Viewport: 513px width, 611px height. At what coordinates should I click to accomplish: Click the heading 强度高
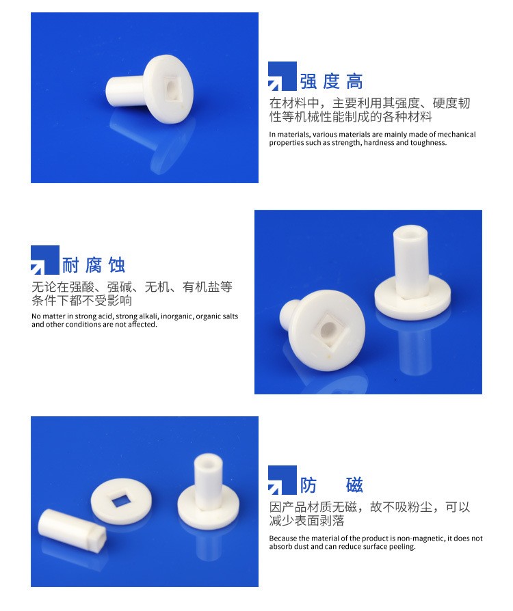(x=331, y=81)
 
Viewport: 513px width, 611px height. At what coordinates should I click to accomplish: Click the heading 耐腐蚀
(x=94, y=265)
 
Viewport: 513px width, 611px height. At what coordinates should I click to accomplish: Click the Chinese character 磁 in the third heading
(x=354, y=485)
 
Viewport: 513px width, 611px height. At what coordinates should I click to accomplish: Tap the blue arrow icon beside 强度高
(x=282, y=76)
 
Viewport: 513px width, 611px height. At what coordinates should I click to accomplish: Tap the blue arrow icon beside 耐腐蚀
(x=45, y=260)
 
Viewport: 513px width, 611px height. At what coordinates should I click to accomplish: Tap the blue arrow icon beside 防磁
(x=282, y=480)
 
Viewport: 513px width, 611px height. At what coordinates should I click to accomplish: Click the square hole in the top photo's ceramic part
(x=172, y=88)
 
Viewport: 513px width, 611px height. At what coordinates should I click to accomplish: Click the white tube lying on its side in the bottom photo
(x=72, y=530)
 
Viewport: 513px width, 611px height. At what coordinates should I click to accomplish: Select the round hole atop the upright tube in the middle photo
(x=410, y=234)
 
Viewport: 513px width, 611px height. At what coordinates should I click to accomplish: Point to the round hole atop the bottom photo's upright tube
(x=207, y=460)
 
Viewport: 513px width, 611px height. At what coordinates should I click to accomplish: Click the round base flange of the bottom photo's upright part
(x=208, y=507)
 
